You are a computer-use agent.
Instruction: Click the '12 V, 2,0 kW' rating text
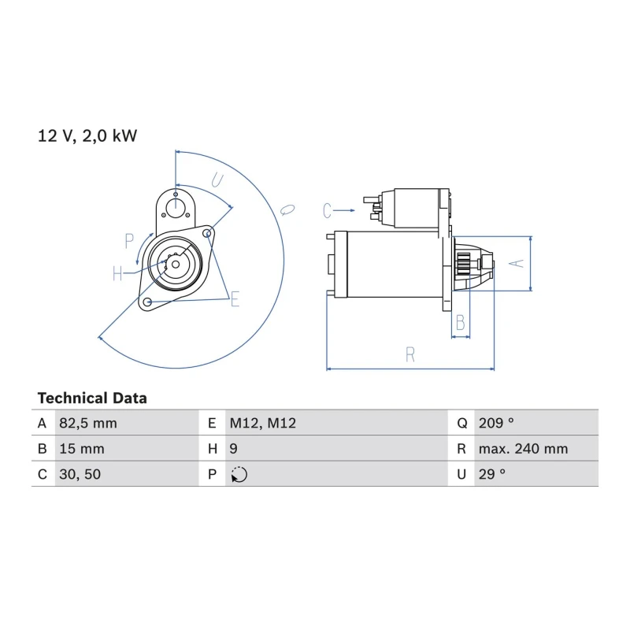(x=87, y=136)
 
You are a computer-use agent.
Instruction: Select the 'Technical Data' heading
(x=92, y=398)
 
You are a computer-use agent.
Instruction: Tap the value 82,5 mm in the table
(x=88, y=424)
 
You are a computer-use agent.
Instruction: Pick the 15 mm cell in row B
(x=82, y=449)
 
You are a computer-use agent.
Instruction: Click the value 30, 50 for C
(x=80, y=475)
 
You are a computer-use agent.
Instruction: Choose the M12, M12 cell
(x=263, y=423)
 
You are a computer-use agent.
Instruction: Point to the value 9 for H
(x=233, y=449)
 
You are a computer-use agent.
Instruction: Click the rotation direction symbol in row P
(x=239, y=475)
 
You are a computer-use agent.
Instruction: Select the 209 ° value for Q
(x=496, y=423)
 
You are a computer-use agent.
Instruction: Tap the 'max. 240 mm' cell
(x=523, y=449)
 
